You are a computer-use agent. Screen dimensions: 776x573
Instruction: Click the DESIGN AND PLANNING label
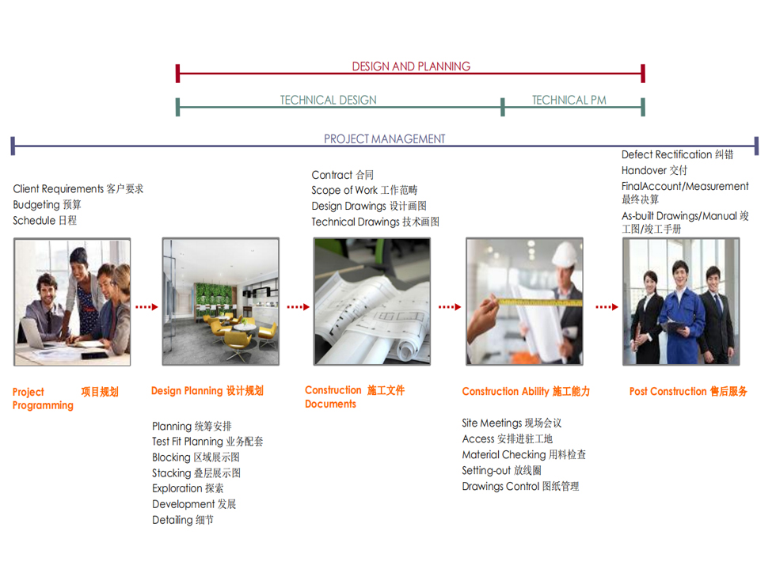pos(411,66)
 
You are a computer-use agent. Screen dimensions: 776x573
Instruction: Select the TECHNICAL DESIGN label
pos(328,100)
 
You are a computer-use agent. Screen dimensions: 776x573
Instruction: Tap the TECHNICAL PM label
pos(569,100)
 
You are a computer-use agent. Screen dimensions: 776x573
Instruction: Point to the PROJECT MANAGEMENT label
pos(385,139)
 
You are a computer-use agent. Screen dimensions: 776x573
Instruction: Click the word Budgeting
pos(36,205)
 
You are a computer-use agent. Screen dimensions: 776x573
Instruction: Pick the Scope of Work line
pos(364,190)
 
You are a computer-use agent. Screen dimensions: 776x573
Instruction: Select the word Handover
pos(643,170)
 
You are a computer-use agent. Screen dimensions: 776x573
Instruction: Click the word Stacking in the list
pos(171,473)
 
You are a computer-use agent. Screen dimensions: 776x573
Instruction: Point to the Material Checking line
pos(523,454)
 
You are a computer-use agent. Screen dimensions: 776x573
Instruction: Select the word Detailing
pos(173,520)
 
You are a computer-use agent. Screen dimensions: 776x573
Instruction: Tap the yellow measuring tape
pos(534,302)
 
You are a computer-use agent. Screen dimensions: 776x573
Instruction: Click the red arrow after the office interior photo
pos(298,307)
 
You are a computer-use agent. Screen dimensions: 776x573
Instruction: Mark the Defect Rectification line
pos(677,154)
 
